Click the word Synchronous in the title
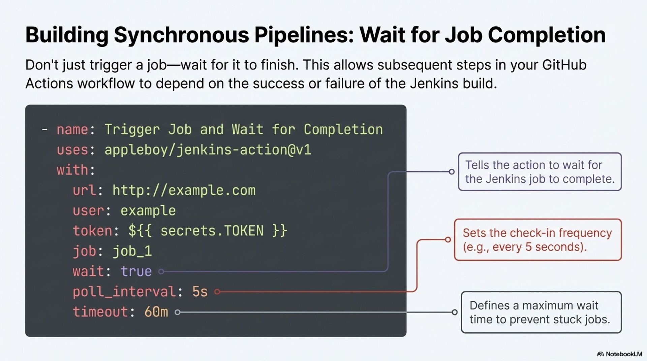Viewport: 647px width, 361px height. click(x=182, y=35)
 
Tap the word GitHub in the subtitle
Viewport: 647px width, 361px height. click(x=564, y=65)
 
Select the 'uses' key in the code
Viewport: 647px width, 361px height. click(x=72, y=150)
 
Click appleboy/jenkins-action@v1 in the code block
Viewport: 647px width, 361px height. click(x=208, y=150)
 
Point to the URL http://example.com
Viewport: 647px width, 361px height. click(x=184, y=191)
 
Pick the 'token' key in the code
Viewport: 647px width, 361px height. click(x=92, y=231)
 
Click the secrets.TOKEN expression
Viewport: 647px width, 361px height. click(x=207, y=231)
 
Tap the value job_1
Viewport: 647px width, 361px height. click(x=132, y=251)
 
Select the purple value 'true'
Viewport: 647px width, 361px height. click(x=136, y=271)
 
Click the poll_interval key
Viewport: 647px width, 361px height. click(x=124, y=292)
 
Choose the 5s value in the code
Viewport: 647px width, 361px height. click(x=200, y=292)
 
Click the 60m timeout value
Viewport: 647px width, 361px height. click(x=156, y=312)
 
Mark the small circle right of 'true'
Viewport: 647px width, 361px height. click(x=161, y=271)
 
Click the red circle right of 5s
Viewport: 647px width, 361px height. click(x=217, y=292)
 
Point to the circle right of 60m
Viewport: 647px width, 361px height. click(x=178, y=312)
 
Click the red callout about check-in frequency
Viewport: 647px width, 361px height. click(x=537, y=240)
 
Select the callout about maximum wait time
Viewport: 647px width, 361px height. click(x=541, y=312)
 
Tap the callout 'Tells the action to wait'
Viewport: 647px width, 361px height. click(x=540, y=172)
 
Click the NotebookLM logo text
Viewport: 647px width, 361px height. click(x=623, y=354)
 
